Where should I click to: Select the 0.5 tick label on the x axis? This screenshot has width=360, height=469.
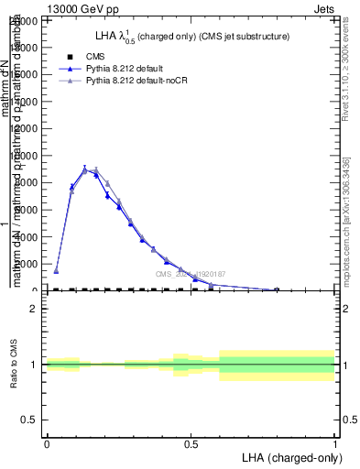click(191, 443)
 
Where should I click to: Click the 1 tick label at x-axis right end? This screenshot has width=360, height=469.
click(335, 443)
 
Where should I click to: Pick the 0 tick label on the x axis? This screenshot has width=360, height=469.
click(47, 443)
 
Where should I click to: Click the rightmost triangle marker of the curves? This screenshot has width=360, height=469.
click(277, 289)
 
